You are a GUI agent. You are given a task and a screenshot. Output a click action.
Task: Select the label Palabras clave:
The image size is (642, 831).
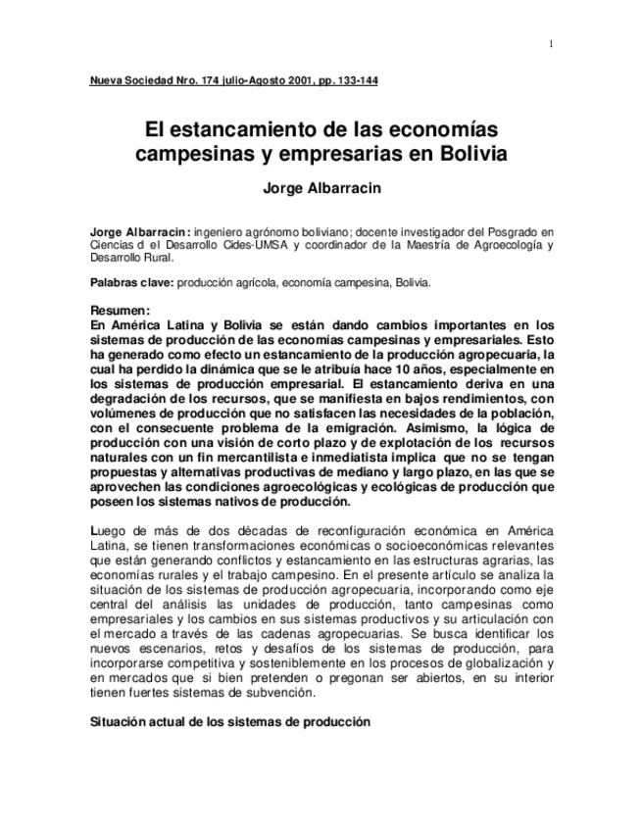130,283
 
